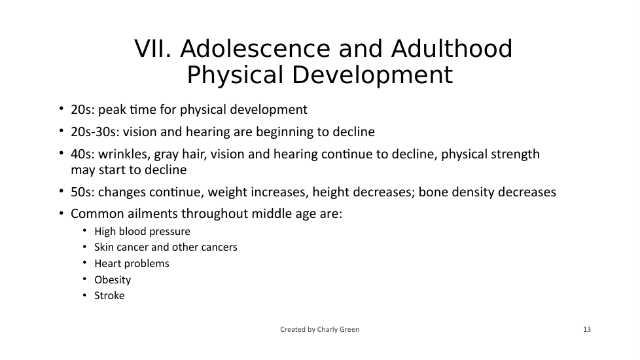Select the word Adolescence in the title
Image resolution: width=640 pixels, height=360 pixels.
tap(255, 49)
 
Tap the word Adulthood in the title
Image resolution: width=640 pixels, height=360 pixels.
tap(452, 49)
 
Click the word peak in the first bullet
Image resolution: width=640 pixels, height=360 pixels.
tap(112, 110)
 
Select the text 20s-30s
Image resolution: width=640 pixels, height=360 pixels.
tap(94, 132)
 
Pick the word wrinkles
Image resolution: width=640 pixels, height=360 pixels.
tap(124, 154)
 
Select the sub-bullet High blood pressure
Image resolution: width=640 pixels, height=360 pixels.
tap(142, 232)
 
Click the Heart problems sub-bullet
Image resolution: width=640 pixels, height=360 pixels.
tap(132, 264)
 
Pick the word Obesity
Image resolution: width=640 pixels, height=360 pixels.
tap(113, 280)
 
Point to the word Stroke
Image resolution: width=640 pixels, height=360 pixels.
tap(109, 295)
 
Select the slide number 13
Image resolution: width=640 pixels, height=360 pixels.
tap(586, 329)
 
